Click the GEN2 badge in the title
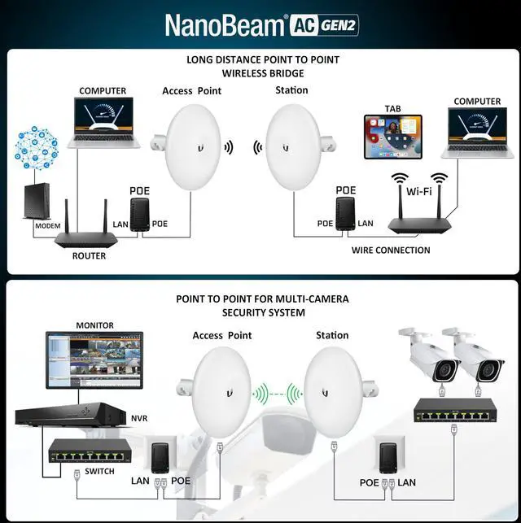(x=336, y=25)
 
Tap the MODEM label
(x=47, y=225)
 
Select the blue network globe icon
(x=37, y=146)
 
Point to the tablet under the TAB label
(x=392, y=136)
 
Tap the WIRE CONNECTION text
(x=391, y=251)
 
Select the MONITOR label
(x=95, y=325)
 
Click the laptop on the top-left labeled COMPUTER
(x=103, y=123)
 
